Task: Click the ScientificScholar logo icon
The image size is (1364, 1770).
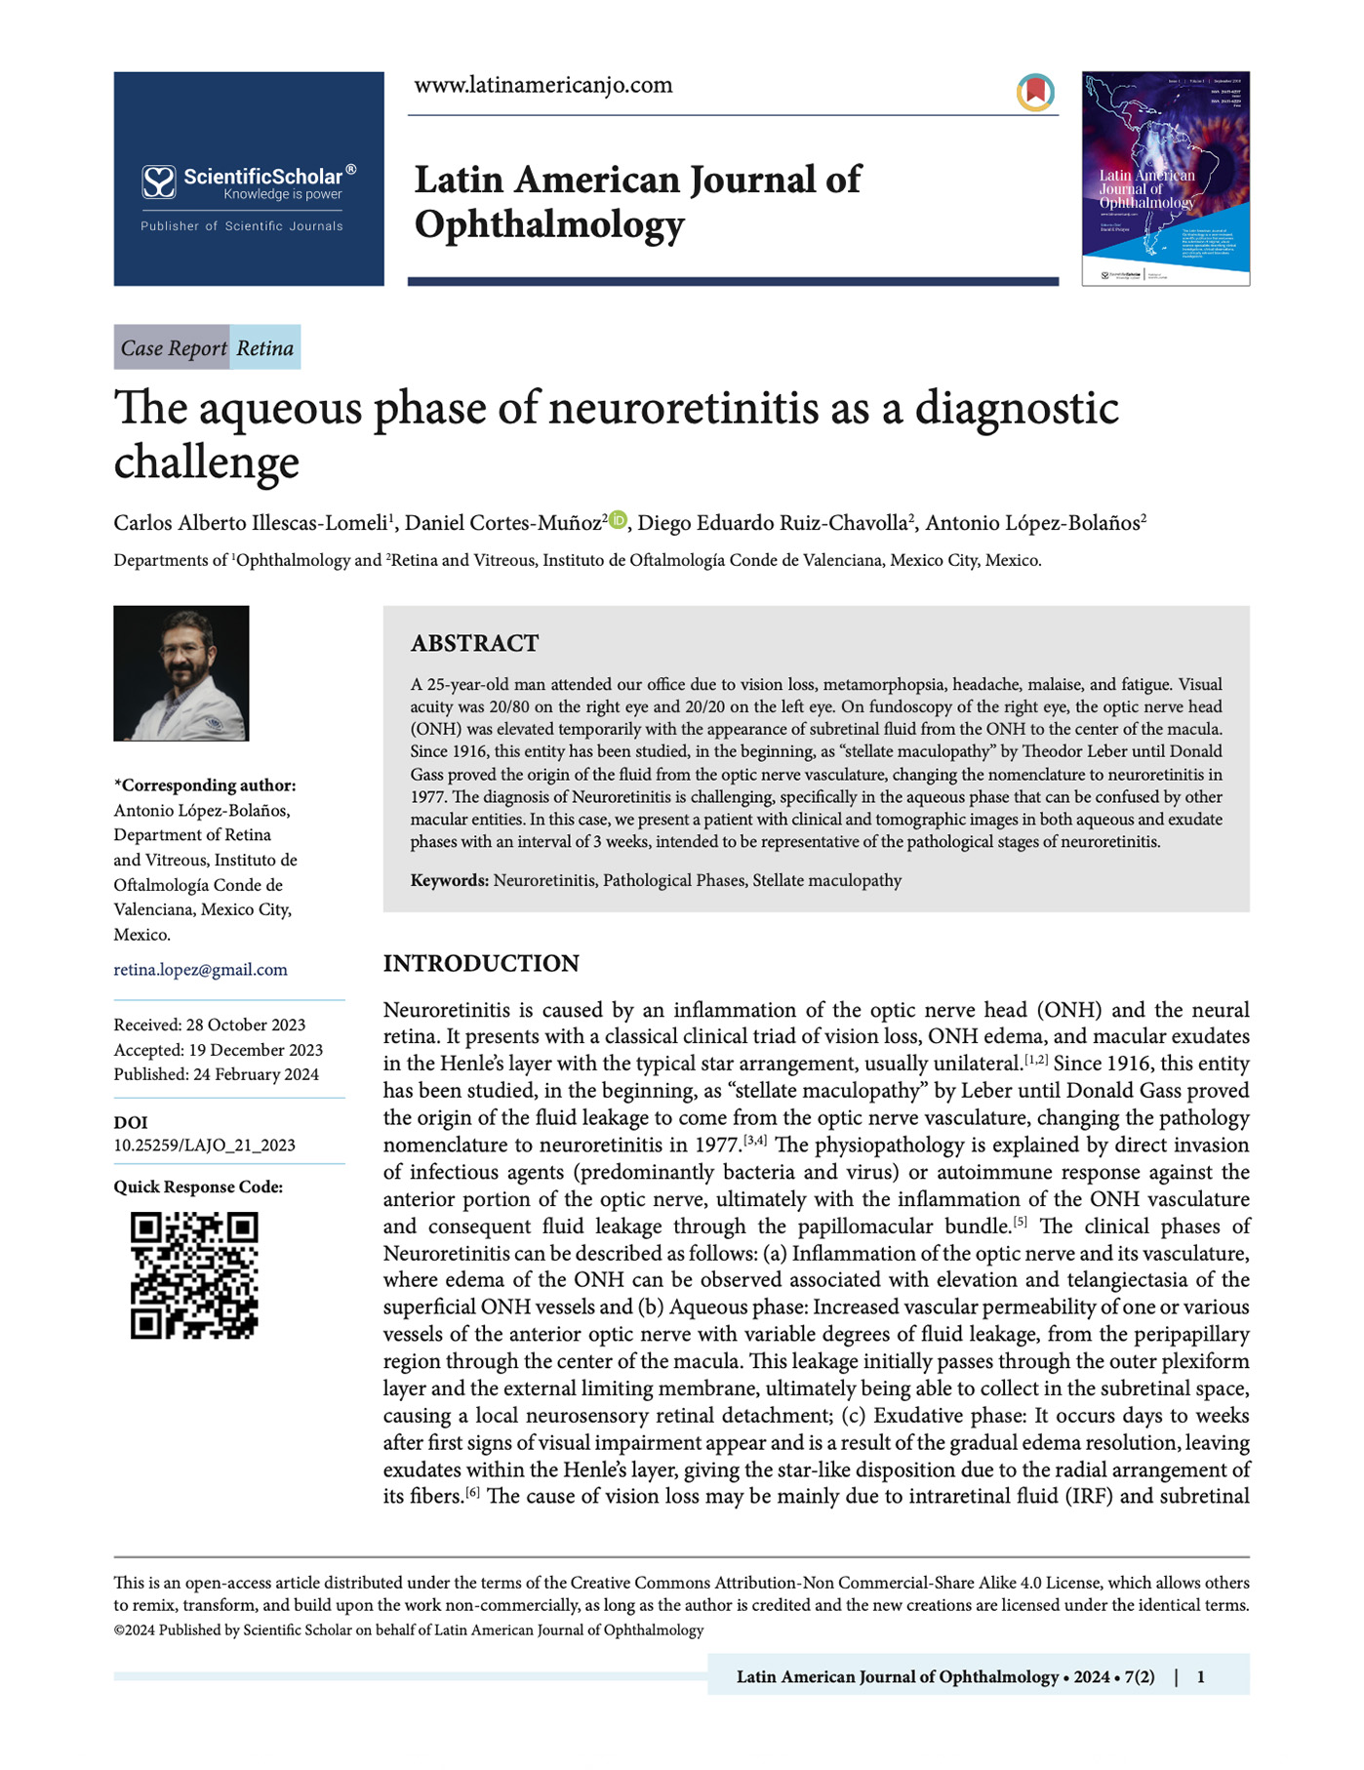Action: pyautogui.click(x=158, y=182)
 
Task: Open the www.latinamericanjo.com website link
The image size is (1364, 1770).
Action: pyautogui.click(x=543, y=85)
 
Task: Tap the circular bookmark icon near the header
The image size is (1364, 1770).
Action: pyautogui.click(x=1035, y=93)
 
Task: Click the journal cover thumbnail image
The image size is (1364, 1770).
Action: pyautogui.click(x=1165, y=179)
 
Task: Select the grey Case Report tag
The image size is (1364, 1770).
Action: pyautogui.click(x=173, y=348)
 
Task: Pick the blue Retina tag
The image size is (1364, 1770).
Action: pyautogui.click(x=265, y=348)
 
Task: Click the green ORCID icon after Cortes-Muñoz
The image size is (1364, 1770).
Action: pyautogui.click(x=618, y=520)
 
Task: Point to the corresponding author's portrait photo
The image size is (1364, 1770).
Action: pyautogui.click(x=181, y=673)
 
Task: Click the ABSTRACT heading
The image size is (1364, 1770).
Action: pyautogui.click(x=474, y=643)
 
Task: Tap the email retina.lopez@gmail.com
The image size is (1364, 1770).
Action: pyautogui.click(x=200, y=969)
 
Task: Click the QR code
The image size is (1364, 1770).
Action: pyautogui.click(x=194, y=1275)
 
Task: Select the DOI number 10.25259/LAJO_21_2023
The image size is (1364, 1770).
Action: pyautogui.click(x=204, y=1145)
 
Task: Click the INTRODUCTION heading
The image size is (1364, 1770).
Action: pyautogui.click(x=481, y=963)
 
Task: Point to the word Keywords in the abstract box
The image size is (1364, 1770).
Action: pyautogui.click(x=449, y=880)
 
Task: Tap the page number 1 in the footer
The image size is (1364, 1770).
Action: pyautogui.click(x=1200, y=1676)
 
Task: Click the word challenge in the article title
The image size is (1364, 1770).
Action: pyautogui.click(x=206, y=463)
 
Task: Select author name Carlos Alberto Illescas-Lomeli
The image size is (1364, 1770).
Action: pyautogui.click(x=251, y=523)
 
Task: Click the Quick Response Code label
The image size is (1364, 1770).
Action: pyautogui.click(x=198, y=1187)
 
